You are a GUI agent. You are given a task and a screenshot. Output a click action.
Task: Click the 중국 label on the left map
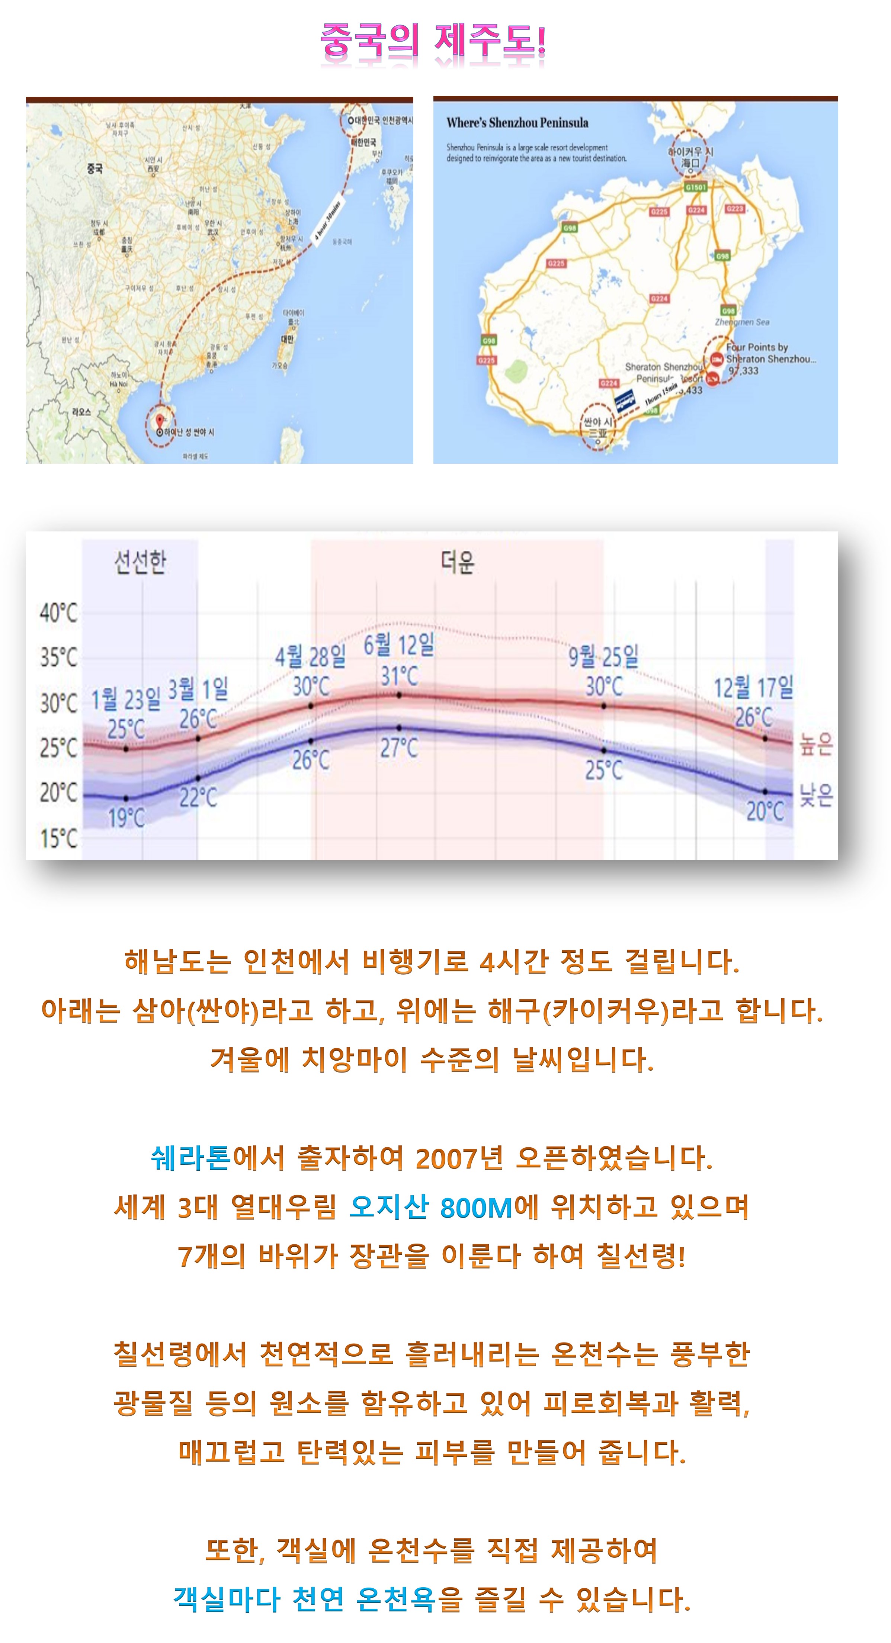pyautogui.click(x=94, y=168)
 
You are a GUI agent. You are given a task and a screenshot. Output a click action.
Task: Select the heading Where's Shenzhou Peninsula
pyautogui.click(x=517, y=122)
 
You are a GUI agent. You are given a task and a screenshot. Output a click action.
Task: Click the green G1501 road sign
pyautogui.click(x=695, y=187)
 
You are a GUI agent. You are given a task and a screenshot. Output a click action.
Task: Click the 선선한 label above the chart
pyautogui.click(x=140, y=562)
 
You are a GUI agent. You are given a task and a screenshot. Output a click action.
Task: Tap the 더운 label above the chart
pyautogui.click(x=457, y=562)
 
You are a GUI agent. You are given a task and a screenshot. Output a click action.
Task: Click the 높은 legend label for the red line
pyautogui.click(x=816, y=744)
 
